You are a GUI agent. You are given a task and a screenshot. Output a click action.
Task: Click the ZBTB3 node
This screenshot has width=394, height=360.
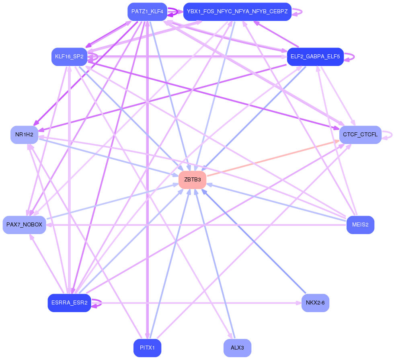[x=192, y=180]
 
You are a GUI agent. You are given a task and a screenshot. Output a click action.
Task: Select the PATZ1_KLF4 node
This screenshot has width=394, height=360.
[x=147, y=12]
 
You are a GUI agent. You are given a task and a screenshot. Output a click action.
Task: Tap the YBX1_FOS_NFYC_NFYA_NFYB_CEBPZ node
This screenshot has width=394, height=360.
[x=237, y=12]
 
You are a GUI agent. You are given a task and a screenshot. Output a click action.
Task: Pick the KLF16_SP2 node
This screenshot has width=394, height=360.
[x=69, y=57]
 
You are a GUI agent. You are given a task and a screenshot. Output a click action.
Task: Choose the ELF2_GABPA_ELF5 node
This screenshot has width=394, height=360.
[x=315, y=57]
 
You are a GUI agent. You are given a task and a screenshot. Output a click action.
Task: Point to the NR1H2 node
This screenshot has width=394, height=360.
[x=24, y=135]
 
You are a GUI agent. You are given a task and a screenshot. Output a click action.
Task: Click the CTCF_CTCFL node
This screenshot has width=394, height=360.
[x=360, y=135]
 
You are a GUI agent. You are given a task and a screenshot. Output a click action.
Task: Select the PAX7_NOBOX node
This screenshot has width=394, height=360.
[x=24, y=225]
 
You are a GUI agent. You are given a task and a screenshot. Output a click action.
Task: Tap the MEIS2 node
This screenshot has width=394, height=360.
[x=360, y=225]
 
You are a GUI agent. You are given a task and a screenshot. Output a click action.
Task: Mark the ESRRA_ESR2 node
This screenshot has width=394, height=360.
[x=69, y=303]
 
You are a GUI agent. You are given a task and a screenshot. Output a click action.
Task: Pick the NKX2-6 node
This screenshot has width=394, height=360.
[x=315, y=303]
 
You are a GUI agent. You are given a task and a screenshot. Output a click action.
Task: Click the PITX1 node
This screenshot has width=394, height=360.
[x=147, y=348]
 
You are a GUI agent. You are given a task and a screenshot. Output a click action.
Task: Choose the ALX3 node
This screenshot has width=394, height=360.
[x=237, y=348]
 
